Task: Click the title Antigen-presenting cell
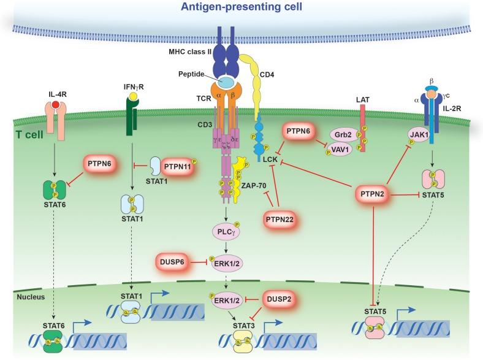coord(241,7)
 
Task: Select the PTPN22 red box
coord(281,218)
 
